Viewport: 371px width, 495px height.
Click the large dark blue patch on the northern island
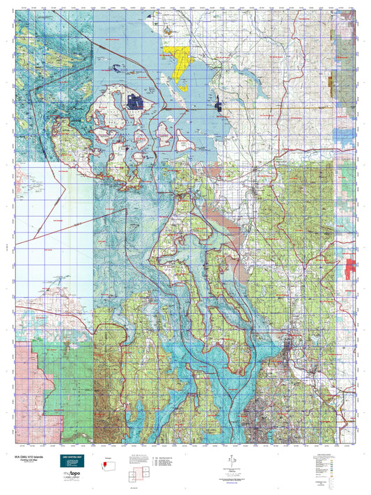point(136,102)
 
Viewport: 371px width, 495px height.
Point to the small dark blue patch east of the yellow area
point(218,105)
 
